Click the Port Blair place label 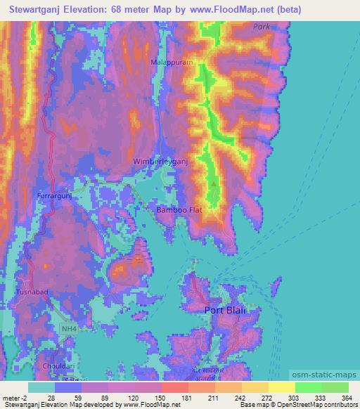[x=228, y=310]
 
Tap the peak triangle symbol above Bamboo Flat [x=214, y=184]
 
